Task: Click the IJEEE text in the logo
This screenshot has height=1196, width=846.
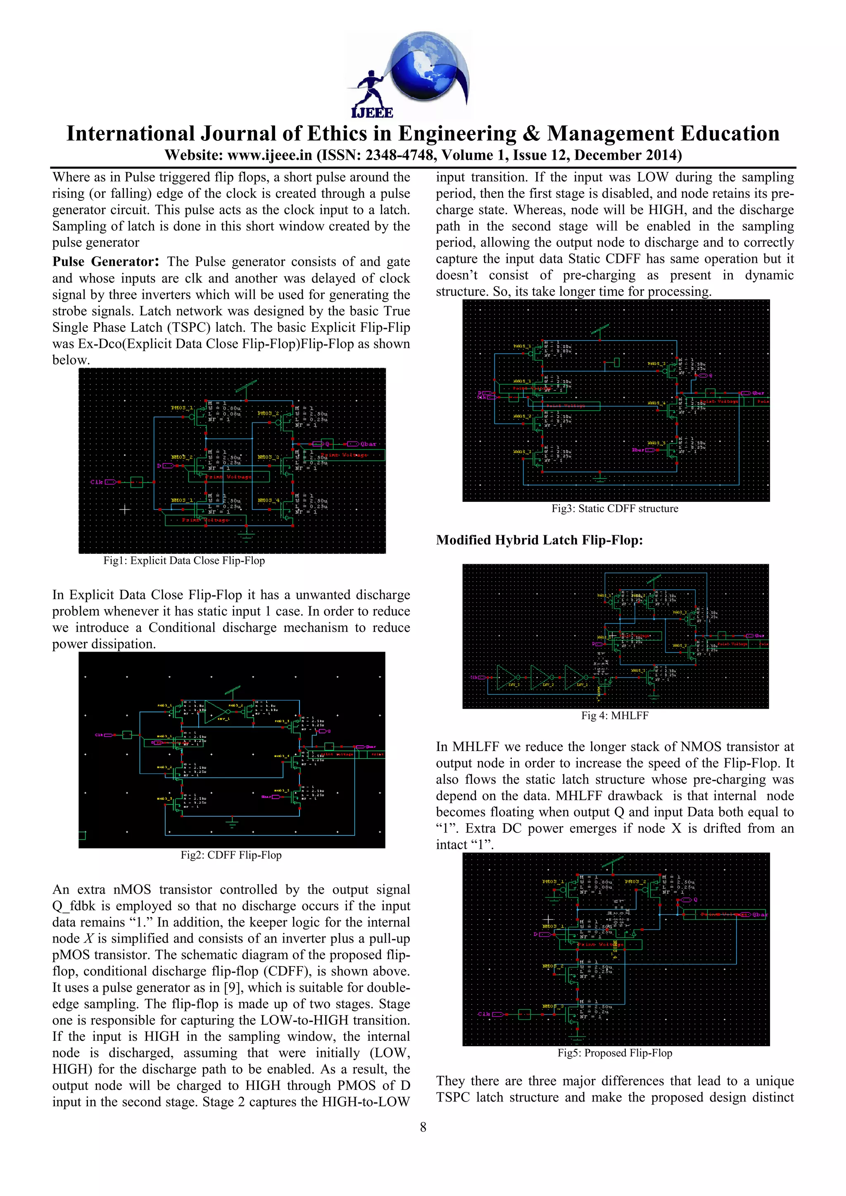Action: [372, 112]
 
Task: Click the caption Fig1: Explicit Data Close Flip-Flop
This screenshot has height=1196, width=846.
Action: [184, 560]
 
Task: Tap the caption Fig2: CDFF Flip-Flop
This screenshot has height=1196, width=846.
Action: [231, 855]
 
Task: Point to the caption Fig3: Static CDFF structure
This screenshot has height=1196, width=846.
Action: [615, 508]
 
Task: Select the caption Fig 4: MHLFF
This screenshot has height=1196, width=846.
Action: [615, 716]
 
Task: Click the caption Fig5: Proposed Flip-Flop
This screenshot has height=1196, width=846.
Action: [615, 1053]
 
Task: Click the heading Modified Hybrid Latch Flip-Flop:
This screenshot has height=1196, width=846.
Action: [539, 540]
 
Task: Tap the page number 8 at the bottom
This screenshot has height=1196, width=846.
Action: [423, 1127]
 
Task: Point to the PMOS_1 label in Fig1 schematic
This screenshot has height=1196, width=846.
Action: [182, 408]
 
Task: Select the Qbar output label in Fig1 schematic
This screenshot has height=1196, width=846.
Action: [368, 444]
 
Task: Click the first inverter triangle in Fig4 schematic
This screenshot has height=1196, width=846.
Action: [507, 677]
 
